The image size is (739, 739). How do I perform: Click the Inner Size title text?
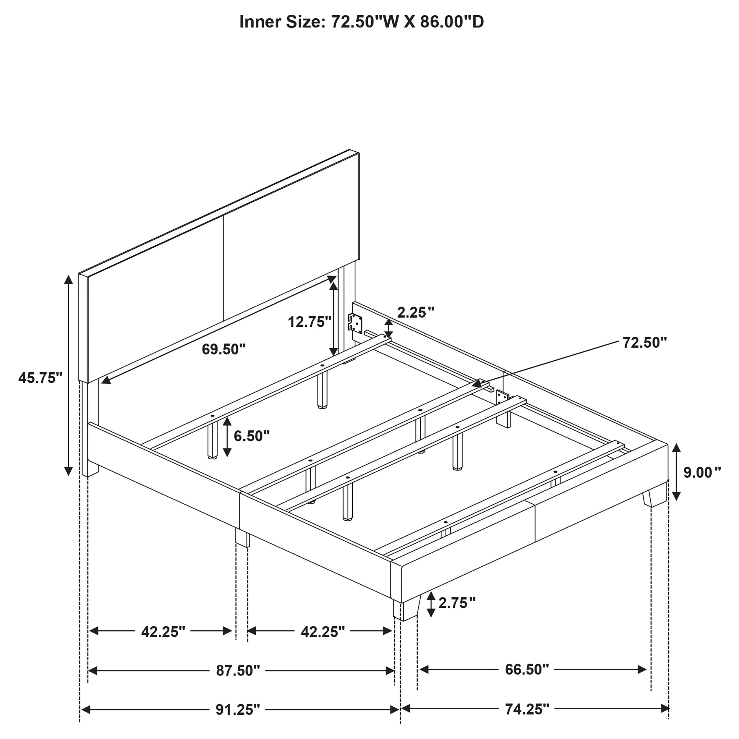[362, 22]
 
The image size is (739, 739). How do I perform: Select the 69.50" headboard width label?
[224, 349]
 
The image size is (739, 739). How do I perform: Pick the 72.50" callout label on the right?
[644, 342]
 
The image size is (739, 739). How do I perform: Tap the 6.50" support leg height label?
[252, 436]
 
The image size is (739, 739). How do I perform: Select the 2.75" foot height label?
[457, 603]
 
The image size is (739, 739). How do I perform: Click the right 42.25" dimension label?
[322, 632]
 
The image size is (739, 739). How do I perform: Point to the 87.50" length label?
[238, 670]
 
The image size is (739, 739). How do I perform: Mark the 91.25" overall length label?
[238, 709]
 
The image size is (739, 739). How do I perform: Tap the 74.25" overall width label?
[527, 709]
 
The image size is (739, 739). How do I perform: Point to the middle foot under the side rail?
[242, 537]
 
